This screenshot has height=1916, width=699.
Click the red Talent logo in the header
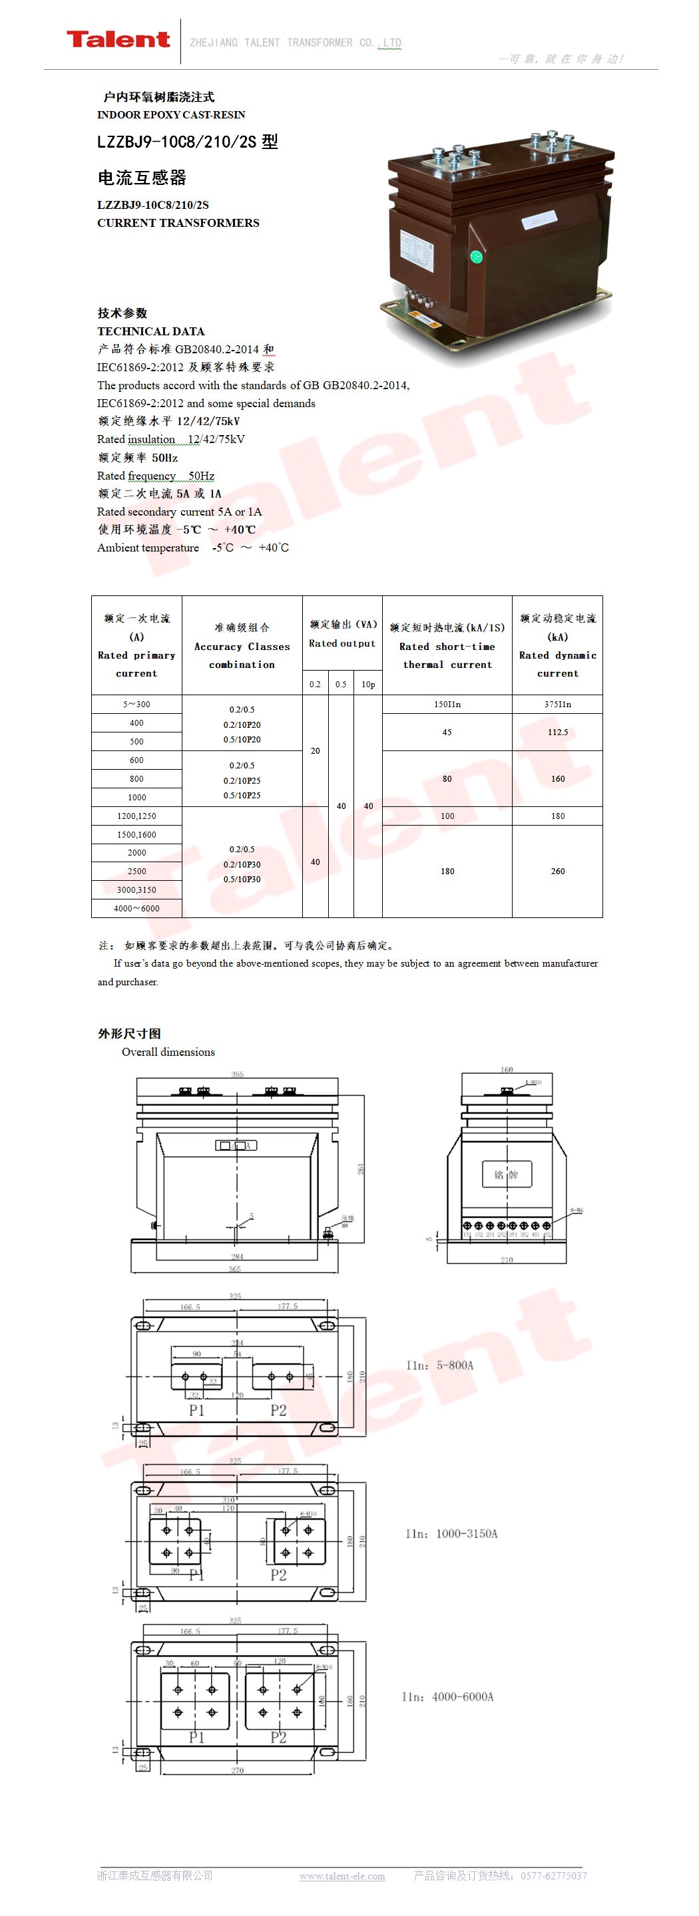118,39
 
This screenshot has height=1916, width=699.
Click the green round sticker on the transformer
476,257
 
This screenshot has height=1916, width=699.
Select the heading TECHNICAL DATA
150,331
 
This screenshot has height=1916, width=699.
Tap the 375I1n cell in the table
558,704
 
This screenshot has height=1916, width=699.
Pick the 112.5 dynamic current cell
558,732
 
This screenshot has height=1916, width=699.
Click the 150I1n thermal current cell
447,704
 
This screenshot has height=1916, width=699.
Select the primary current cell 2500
137,871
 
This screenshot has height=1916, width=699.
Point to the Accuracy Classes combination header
242,645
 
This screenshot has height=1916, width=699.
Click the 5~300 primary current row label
137,704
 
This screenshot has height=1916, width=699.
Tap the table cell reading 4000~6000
136,908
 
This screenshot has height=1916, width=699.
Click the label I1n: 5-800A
439,1365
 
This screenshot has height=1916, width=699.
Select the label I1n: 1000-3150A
451,1533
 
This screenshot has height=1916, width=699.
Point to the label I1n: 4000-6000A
447,1696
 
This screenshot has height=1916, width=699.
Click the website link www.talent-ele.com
342,1876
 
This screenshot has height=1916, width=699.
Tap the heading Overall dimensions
168,1052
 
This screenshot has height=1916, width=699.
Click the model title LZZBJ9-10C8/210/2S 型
188,141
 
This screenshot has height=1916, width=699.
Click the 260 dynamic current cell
558,871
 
